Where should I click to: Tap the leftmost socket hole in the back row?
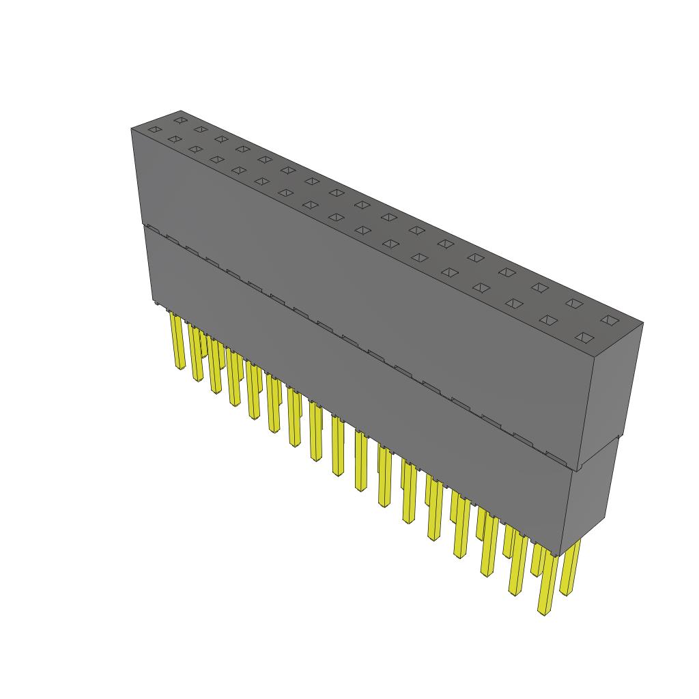180,120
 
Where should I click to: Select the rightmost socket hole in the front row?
584,337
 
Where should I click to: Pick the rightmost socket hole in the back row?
608,319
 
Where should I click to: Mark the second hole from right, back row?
573,303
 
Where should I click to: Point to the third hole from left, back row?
221,139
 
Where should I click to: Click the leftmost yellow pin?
179,341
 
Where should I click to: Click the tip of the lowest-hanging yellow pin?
545,612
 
